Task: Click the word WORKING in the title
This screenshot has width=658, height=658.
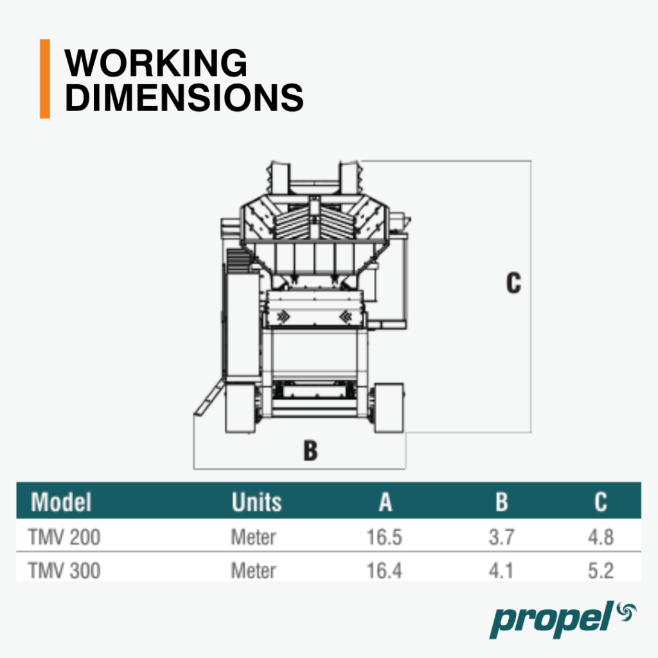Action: click(x=156, y=63)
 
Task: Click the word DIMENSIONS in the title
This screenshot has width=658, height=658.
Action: click(x=184, y=98)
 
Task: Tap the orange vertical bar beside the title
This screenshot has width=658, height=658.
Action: click(x=45, y=79)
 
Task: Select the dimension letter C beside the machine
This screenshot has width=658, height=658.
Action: click(x=513, y=283)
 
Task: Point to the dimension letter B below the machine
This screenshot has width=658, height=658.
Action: click(x=310, y=450)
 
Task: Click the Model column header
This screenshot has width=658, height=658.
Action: click(x=61, y=502)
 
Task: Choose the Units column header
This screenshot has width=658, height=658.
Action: click(x=256, y=502)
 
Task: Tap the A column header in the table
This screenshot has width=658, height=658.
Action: click(x=386, y=502)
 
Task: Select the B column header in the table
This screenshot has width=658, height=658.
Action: click(x=501, y=502)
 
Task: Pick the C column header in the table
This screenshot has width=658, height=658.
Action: click(x=601, y=502)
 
